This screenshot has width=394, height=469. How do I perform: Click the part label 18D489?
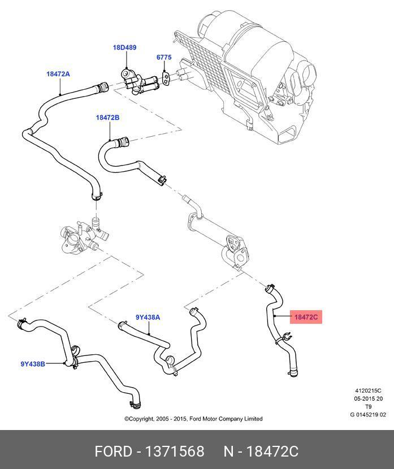click(124, 48)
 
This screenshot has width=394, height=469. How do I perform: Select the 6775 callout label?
click(163, 58)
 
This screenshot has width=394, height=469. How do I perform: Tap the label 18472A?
click(58, 74)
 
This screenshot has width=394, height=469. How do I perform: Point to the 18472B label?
click(107, 118)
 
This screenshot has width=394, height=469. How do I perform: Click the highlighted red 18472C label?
click(306, 318)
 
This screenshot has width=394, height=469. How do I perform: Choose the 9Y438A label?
click(148, 317)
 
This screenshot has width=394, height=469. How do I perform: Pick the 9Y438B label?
click(33, 364)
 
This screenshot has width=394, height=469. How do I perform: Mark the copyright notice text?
click(193, 419)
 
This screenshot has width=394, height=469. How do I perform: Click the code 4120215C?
click(368, 390)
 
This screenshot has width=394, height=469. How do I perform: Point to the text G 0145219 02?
click(368, 415)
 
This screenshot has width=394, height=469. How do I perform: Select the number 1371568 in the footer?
click(175, 451)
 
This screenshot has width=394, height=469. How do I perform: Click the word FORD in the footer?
click(113, 451)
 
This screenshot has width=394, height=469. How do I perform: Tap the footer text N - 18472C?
click(261, 451)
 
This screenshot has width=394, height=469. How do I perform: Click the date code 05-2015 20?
click(368, 398)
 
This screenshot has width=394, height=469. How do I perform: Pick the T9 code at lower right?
click(368, 407)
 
